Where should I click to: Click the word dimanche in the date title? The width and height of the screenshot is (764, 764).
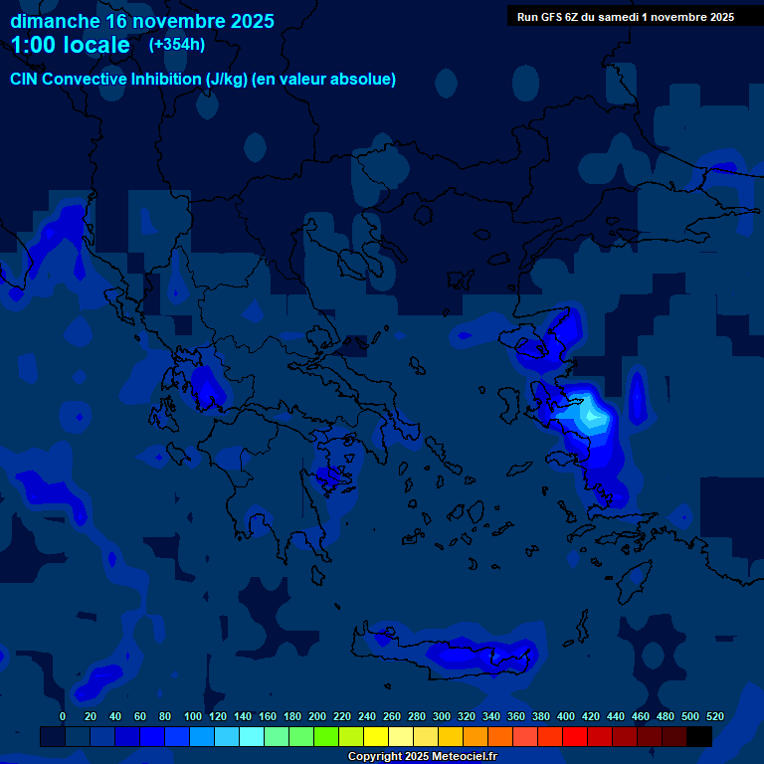pyautogui.click(x=55, y=21)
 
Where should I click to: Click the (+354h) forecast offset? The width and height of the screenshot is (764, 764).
pyautogui.click(x=177, y=45)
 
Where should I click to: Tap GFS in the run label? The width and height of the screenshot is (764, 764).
pyautogui.click(x=553, y=17)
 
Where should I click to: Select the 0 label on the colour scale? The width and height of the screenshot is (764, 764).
pyautogui.click(x=63, y=716)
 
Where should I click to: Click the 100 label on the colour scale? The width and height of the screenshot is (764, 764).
pyautogui.click(x=193, y=716)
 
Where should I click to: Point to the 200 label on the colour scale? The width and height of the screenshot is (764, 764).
pyautogui.click(x=317, y=716)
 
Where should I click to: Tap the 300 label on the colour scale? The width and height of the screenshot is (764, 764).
pyautogui.click(x=442, y=716)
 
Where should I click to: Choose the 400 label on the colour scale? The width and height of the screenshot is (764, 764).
pyautogui.click(x=566, y=716)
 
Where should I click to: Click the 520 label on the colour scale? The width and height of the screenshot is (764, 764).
pyautogui.click(x=715, y=716)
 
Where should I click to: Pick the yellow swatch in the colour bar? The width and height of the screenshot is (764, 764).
pyautogui.click(x=376, y=737)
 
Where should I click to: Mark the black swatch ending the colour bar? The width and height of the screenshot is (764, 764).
pyautogui.click(x=699, y=737)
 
